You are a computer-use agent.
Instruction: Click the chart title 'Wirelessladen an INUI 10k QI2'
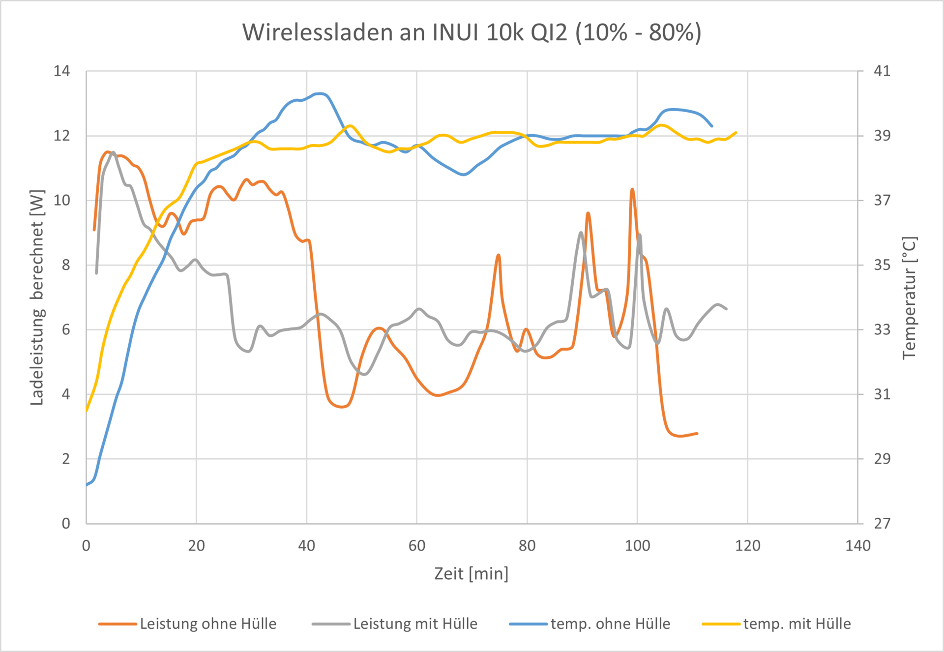[x=472, y=32]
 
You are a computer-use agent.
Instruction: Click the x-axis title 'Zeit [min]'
[x=471, y=573]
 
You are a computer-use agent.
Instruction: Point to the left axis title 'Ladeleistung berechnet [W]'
[x=37, y=297]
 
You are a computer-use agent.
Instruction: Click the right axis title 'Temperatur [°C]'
[x=910, y=298]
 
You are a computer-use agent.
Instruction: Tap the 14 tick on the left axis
[x=62, y=71]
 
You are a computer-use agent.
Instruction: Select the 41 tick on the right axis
[x=882, y=71]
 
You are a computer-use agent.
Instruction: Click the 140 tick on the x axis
[x=857, y=545]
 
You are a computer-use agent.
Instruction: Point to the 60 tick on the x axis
[x=417, y=545]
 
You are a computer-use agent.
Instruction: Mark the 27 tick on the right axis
[x=882, y=523]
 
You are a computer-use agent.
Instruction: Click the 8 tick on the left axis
[x=66, y=265]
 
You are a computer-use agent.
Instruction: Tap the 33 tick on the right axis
[x=882, y=329]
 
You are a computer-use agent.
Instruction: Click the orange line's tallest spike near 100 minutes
[x=632, y=189]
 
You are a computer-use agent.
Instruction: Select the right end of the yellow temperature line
[x=736, y=132]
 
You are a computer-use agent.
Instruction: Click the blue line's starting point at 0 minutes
[x=87, y=485]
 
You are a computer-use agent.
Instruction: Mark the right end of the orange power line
[x=697, y=434]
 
